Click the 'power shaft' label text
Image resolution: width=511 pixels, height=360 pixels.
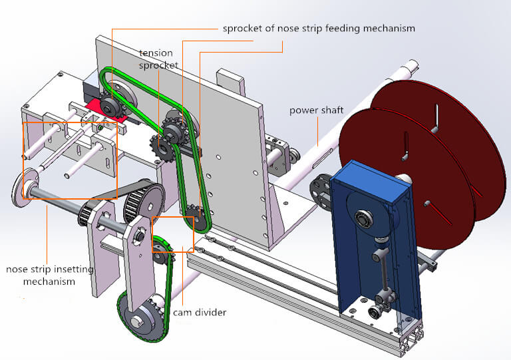pos(316,110)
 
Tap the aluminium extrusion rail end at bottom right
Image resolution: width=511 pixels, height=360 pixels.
pos(409,339)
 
